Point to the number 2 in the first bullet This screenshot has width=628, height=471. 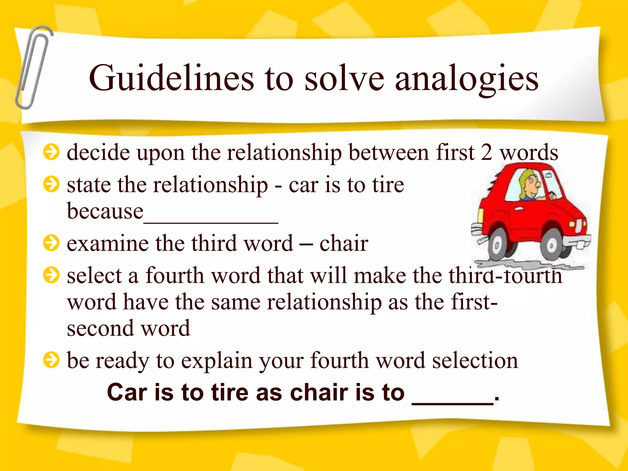pos(486,152)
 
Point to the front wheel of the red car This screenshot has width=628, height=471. pos(552,245)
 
